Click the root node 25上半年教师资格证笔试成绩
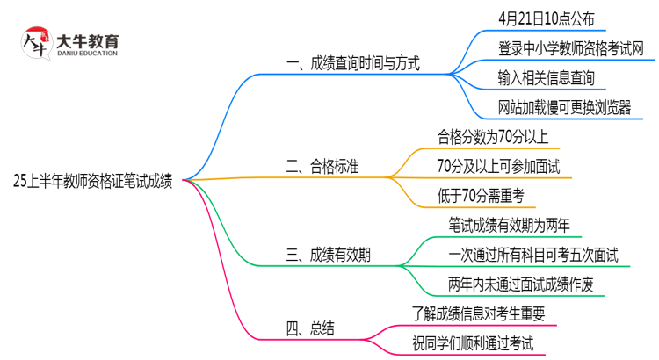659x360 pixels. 93,183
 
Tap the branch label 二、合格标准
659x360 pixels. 328,166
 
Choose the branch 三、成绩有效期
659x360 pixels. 328,256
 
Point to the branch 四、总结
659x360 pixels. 310,329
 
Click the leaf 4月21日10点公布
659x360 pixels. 545,17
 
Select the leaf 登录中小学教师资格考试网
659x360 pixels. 570,48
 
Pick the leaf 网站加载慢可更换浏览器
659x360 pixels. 564,108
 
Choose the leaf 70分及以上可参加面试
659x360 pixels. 498,165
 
